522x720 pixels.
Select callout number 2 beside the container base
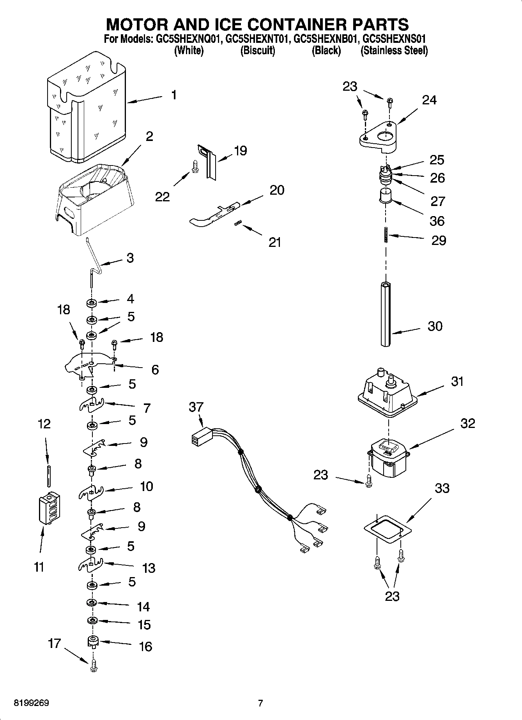click(149, 136)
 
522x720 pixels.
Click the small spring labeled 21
click(239, 223)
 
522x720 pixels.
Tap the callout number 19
click(241, 151)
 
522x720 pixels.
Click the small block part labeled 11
click(50, 508)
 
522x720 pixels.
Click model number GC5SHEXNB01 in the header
click(326, 39)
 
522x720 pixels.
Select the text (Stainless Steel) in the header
click(394, 51)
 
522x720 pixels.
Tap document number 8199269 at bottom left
click(32, 703)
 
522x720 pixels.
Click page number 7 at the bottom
click(260, 703)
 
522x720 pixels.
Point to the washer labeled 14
click(92, 603)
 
